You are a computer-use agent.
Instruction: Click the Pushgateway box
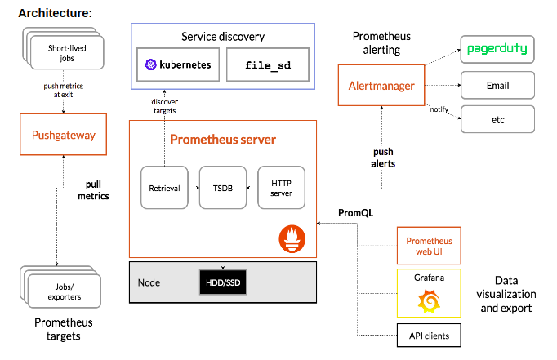[x=64, y=135]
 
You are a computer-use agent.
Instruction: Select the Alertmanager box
[x=382, y=86]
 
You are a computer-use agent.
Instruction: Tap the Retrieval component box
[x=164, y=189]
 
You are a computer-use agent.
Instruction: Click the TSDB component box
[x=223, y=189]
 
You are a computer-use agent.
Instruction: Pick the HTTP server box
[x=282, y=189]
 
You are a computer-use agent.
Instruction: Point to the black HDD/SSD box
[x=223, y=282]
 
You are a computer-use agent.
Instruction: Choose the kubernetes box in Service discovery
[x=177, y=64]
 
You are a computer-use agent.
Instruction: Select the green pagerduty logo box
[x=497, y=49]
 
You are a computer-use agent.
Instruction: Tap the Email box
[x=497, y=85]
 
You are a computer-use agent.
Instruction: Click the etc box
[x=497, y=118]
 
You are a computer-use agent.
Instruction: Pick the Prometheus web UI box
[x=429, y=246]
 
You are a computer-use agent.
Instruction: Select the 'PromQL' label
[x=355, y=213]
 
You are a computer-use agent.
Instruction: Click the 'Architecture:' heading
[x=55, y=13]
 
